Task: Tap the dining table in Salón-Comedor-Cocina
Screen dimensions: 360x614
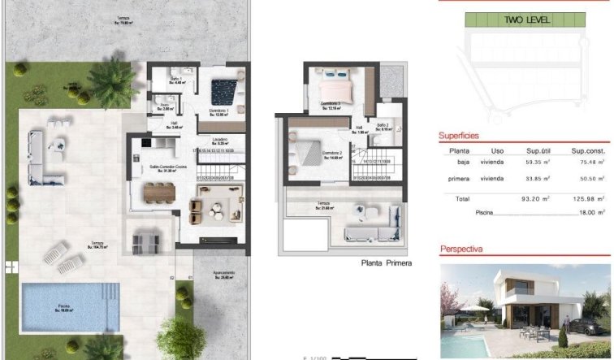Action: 159,192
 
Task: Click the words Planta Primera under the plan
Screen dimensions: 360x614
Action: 387,263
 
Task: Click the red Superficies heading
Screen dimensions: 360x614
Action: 459,136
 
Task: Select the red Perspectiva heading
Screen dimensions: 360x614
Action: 461,249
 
